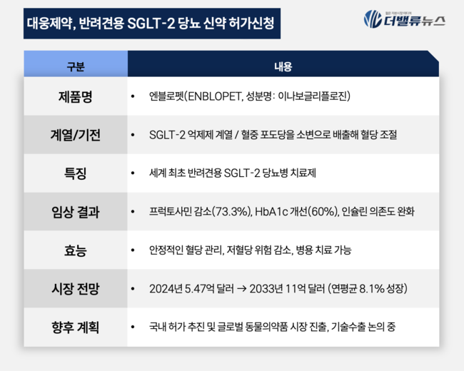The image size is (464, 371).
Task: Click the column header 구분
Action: (75, 67)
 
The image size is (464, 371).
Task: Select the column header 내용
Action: (283, 67)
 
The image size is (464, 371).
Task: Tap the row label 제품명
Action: (75, 96)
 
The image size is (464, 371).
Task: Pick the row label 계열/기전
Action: (75, 134)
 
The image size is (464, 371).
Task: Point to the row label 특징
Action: (75, 173)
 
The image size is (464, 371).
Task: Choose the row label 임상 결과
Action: (75, 212)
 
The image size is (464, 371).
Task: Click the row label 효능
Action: (75, 250)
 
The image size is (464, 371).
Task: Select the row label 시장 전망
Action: (75, 289)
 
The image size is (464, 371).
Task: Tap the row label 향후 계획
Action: (75, 327)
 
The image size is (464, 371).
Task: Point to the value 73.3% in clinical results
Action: (231, 212)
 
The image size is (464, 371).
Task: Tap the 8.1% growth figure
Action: (368, 289)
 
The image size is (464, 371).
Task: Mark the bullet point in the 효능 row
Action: (133, 250)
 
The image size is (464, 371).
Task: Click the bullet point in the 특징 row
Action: (133, 173)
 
